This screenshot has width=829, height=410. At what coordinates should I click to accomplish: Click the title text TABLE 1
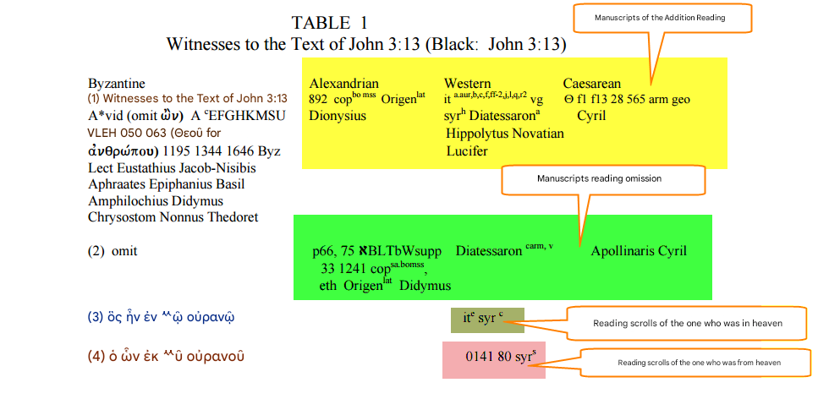point(329,23)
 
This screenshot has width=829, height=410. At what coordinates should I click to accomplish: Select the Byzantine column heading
point(117,84)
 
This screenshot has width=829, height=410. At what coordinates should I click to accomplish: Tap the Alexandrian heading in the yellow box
point(344,84)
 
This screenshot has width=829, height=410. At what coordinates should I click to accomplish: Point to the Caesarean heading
point(591,84)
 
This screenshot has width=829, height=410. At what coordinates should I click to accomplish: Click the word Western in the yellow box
point(467,84)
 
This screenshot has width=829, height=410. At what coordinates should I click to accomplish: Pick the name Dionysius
point(338,116)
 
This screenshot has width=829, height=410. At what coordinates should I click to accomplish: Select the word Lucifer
point(467,151)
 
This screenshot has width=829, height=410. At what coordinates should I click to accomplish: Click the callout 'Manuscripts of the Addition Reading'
point(663,18)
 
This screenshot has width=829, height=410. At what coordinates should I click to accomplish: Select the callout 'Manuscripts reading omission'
point(603,179)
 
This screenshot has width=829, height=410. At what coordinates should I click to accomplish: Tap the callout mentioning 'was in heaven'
point(687,323)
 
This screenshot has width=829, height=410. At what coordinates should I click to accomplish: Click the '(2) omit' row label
point(112,251)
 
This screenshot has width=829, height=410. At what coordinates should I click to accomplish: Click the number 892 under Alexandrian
point(319,100)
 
